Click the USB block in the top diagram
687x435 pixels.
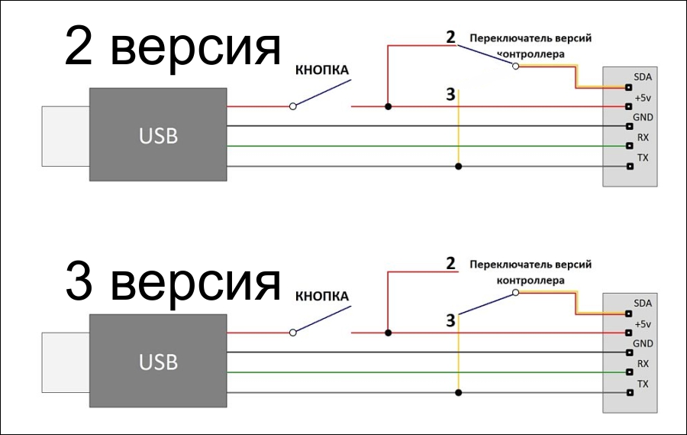pyautogui.click(x=158, y=135)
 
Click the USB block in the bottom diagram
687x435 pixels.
pyautogui.click(x=158, y=361)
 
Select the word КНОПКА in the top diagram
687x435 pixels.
pyautogui.click(x=321, y=71)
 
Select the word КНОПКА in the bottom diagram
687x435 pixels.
pyautogui.click(x=321, y=296)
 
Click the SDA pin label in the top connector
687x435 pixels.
pyautogui.click(x=642, y=78)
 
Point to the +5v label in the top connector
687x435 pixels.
pyautogui.click(x=642, y=98)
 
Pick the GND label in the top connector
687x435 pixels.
pyautogui.click(x=643, y=118)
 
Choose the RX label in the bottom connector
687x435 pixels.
pyautogui.click(x=643, y=363)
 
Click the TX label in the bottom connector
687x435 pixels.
pyautogui.click(x=643, y=383)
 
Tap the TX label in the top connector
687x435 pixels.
pyautogui.click(x=643, y=157)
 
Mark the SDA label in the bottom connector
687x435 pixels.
pyautogui.click(x=642, y=304)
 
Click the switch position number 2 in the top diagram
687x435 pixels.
pyautogui.click(x=450, y=37)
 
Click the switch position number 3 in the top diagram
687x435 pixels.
pyautogui.click(x=450, y=95)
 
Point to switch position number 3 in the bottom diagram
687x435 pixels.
pyautogui.click(x=450, y=320)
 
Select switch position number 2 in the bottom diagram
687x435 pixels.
pyautogui.click(x=450, y=263)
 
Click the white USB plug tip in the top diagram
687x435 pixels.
pyautogui.click(x=65, y=136)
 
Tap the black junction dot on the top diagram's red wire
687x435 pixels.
pyautogui.click(x=388, y=106)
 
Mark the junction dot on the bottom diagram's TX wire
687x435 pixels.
pyautogui.click(x=457, y=392)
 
